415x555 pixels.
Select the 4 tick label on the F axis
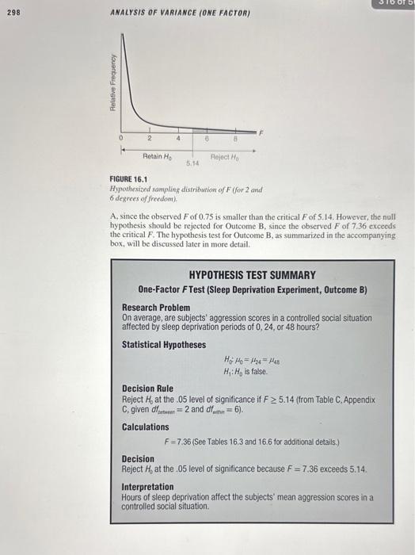click(179, 138)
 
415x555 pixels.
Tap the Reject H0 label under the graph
click(225, 157)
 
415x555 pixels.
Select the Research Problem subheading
click(156, 306)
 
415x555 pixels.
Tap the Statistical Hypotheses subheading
click(163, 345)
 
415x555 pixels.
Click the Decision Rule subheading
click(147, 388)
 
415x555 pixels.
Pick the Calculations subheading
click(147, 427)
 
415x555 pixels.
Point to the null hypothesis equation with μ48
click(251, 361)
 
